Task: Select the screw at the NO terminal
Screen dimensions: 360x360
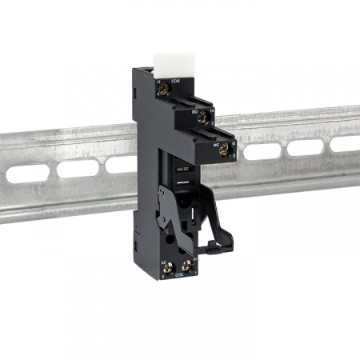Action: (x=203, y=119)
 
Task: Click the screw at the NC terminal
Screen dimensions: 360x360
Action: (x=226, y=146)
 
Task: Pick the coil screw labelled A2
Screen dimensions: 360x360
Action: (x=170, y=266)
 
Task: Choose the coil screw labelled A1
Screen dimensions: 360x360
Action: (x=191, y=266)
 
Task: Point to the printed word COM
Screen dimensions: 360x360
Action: (x=177, y=81)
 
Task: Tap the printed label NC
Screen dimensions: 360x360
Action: (x=216, y=145)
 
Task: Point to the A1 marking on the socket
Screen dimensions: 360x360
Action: (x=196, y=258)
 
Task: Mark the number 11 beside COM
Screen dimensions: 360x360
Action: (x=158, y=82)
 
